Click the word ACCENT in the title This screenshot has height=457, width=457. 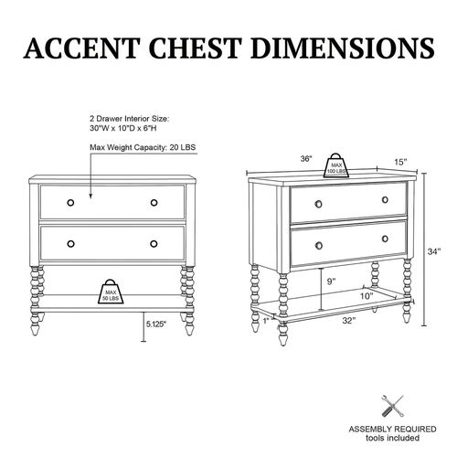click(81, 48)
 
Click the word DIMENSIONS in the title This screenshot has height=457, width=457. click(343, 48)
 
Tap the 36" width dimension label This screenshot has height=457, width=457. click(306, 159)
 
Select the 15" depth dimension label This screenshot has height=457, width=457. click(400, 162)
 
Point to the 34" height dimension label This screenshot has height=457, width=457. click(434, 251)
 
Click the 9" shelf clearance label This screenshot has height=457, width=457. click(331, 282)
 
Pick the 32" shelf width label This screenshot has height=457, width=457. click(349, 321)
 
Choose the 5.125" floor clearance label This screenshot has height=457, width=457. click(156, 324)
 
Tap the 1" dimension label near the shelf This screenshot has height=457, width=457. click(267, 321)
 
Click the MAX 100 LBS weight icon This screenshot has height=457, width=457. click(336, 165)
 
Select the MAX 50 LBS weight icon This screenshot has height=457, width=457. click(111, 292)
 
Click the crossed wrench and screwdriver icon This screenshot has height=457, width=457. click(392, 406)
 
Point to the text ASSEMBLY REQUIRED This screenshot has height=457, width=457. click(392, 430)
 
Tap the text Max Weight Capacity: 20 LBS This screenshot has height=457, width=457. click(143, 147)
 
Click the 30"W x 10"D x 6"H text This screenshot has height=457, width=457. click(123, 128)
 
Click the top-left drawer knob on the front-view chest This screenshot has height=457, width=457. click(70, 203)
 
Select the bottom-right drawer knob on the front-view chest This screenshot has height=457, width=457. click(154, 244)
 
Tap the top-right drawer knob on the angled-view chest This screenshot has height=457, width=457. click(385, 200)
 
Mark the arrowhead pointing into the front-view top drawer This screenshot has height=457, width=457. click(90, 197)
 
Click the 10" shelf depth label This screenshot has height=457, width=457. click(367, 296)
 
